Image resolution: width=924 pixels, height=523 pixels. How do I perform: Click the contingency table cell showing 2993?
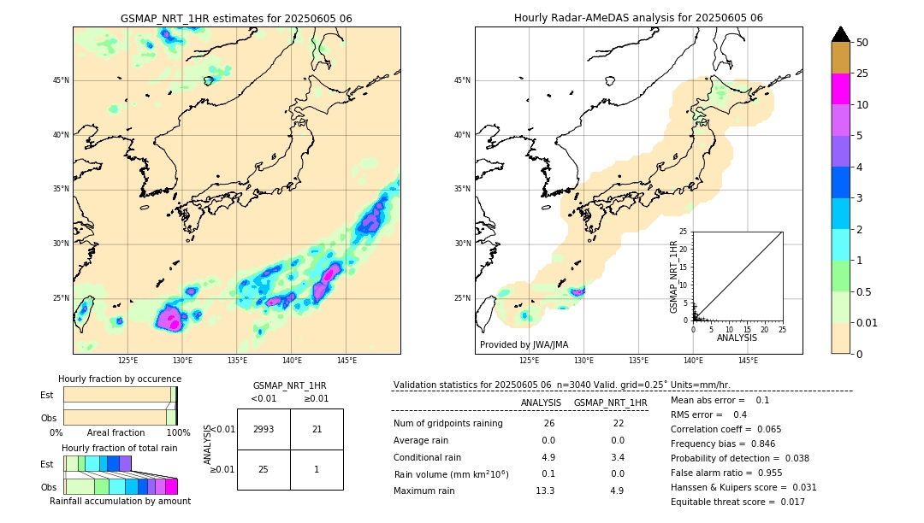(264, 429)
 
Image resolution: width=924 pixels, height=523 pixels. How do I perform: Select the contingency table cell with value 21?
(317, 429)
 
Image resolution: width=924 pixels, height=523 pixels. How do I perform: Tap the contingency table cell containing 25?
(264, 469)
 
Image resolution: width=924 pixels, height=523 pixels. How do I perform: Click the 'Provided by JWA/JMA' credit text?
(524, 344)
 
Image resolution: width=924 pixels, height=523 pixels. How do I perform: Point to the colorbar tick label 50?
(862, 43)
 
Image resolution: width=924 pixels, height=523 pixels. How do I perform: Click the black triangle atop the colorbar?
(841, 34)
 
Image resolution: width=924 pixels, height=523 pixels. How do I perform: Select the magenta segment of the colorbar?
(841, 89)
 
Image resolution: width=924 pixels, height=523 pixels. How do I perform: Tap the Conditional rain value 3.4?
(617, 457)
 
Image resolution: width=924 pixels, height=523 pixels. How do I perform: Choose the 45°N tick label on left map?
(61, 80)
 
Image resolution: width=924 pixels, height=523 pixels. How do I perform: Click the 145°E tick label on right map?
(748, 361)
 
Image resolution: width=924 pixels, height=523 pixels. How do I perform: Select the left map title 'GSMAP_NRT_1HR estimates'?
(236, 19)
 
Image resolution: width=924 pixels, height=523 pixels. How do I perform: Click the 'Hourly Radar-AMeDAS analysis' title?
(638, 18)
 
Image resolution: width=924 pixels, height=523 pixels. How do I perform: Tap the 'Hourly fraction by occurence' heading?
(120, 379)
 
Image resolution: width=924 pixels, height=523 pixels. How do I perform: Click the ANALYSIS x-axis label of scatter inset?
(737, 338)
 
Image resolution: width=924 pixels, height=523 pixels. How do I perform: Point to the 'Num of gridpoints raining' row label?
(448, 424)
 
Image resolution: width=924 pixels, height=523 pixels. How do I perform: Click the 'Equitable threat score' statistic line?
(737, 502)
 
